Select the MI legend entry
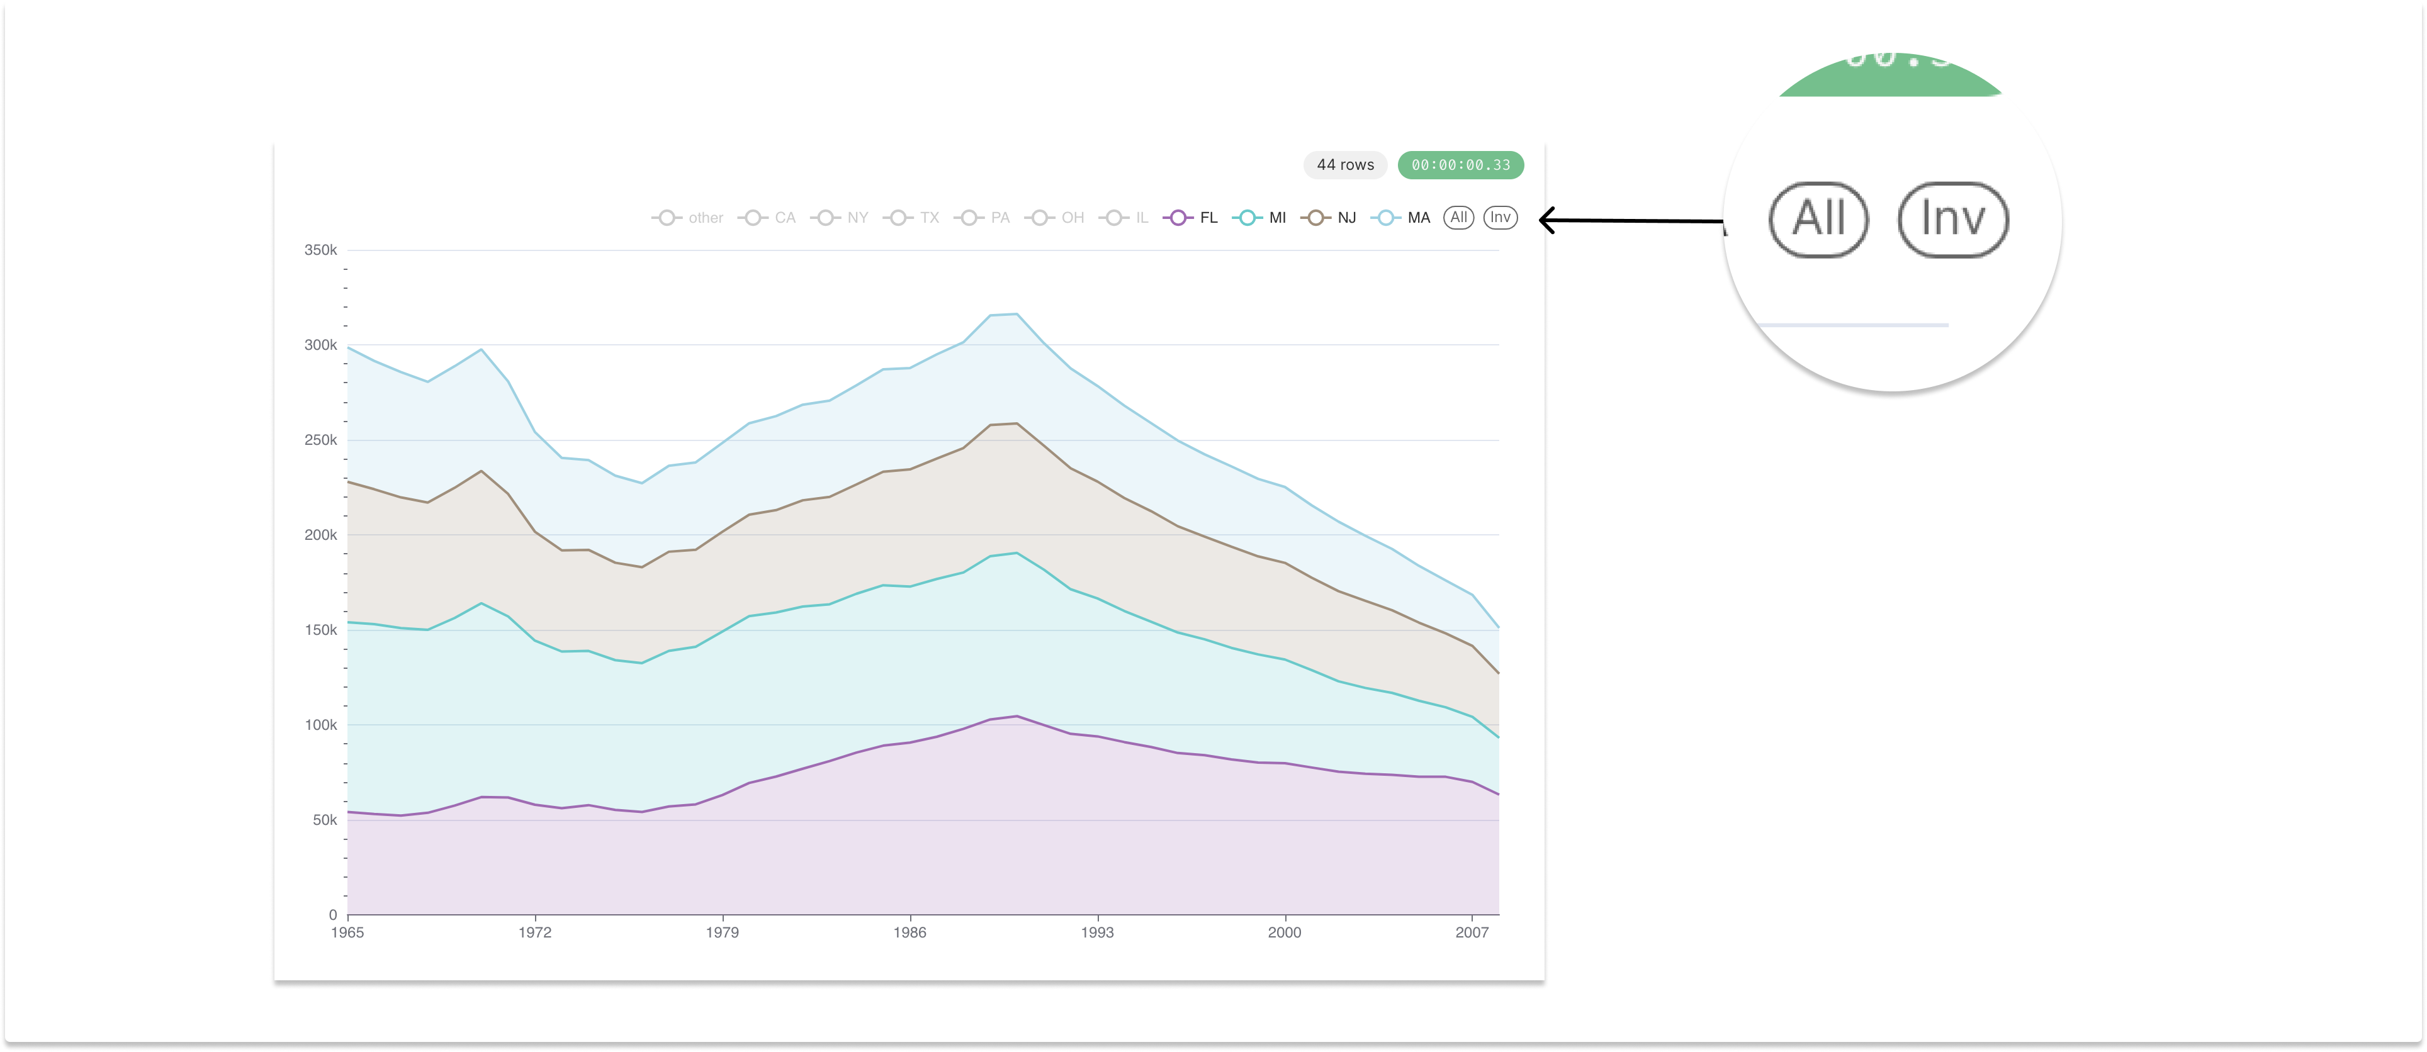[1261, 218]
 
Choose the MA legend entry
[1401, 218]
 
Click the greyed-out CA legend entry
[768, 218]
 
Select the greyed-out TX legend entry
[912, 218]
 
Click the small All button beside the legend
[1458, 218]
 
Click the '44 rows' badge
[1344, 165]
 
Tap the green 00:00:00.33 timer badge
[1460, 165]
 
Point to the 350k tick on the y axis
[320, 250]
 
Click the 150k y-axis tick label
[320, 630]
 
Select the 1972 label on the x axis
[535, 932]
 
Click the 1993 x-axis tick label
[1096, 932]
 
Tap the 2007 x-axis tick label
[1472, 932]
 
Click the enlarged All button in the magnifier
[1818, 220]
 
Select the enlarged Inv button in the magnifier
[1953, 220]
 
